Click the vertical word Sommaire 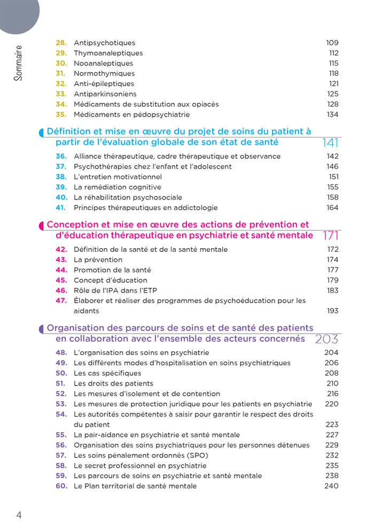18,63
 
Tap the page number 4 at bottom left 19,515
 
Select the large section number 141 331,143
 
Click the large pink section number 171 331,236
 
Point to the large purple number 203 327,339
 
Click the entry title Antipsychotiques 104,43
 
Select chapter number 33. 61,94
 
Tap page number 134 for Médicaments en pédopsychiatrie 332,114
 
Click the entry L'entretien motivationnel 118,177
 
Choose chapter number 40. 61,197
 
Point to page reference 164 332,207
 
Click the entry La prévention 98,260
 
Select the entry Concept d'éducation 110,280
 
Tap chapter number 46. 61,290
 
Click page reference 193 332,311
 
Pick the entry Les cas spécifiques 107,373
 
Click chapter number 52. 61,394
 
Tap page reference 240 331,486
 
